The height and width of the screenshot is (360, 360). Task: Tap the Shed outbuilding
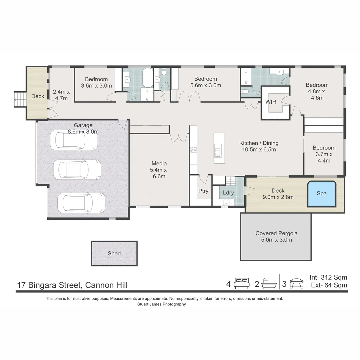coord(114,253)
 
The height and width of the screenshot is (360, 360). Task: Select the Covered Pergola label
coord(276,233)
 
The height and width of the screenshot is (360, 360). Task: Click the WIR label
coord(271,102)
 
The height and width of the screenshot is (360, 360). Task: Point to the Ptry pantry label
coord(203,191)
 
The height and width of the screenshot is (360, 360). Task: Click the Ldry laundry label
coord(228,193)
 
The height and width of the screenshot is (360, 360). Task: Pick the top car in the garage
coord(74,140)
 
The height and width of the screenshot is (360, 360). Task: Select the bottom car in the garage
coord(81,203)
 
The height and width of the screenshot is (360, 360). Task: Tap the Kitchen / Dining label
coord(259,143)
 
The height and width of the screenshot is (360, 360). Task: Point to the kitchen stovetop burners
coord(194,150)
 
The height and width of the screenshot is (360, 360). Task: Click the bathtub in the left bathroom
coord(148,78)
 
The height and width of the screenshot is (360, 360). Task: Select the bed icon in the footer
coord(242,283)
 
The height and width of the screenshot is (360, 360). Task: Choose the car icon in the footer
coord(297,284)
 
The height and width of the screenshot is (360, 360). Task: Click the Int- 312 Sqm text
coord(328,277)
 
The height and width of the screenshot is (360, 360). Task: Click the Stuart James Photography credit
coord(162,304)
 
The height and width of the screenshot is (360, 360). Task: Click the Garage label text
coord(83,125)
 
